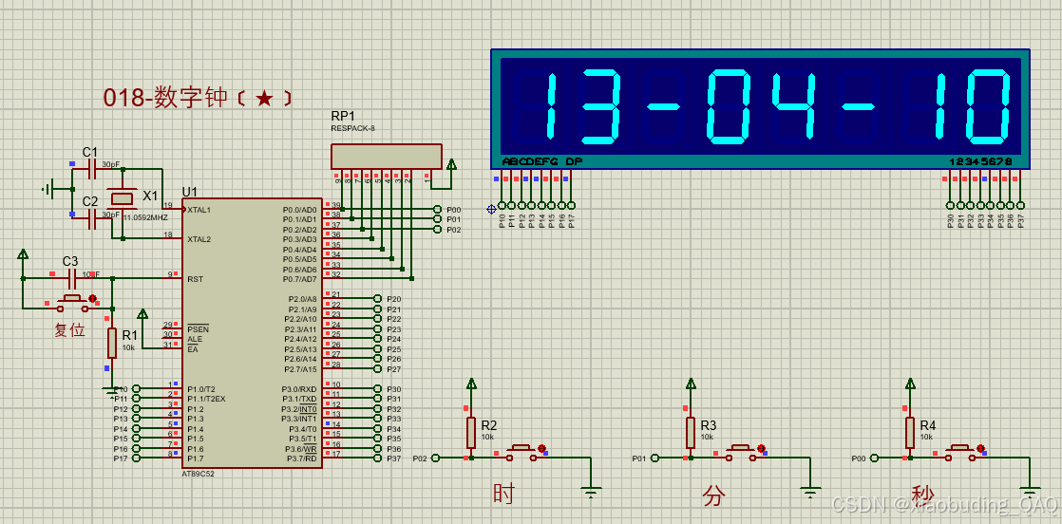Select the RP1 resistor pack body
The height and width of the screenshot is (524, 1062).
386,157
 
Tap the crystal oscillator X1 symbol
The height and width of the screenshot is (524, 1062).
123,198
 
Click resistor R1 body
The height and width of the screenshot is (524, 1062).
112,343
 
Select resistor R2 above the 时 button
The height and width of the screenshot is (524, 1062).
470,433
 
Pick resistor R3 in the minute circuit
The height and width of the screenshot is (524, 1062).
691,433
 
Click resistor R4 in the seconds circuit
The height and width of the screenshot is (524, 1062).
910,433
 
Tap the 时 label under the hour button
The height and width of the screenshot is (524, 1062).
503,494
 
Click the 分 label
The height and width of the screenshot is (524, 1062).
713,495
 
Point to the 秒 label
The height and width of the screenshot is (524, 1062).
922,495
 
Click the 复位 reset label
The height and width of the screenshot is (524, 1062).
69,330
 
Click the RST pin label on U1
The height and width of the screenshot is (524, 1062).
195,279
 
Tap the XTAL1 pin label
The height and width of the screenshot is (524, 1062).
199,210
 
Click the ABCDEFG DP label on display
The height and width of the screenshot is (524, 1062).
541,161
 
